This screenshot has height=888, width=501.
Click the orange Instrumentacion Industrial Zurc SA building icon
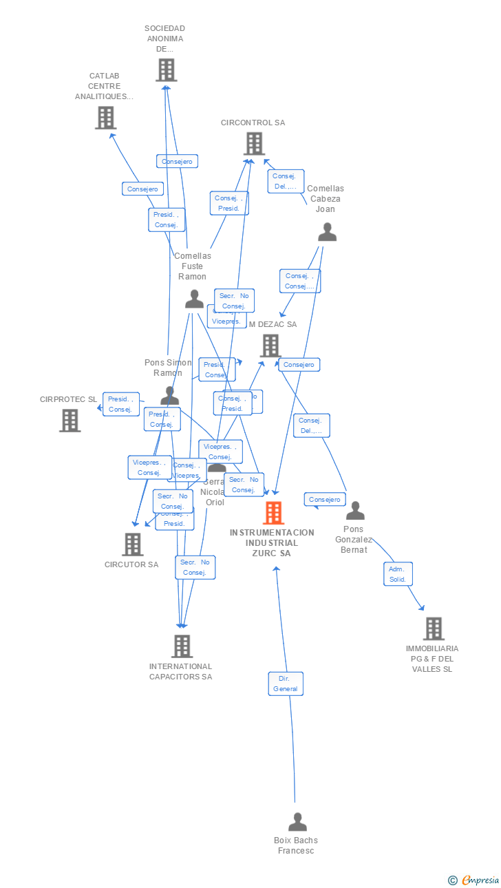(x=273, y=513)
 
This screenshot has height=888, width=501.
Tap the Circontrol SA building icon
(x=254, y=144)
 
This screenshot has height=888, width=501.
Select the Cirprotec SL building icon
(x=70, y=420)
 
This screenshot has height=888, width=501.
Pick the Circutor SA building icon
(x=132, y=545)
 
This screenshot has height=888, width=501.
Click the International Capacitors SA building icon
(x=182, y=646)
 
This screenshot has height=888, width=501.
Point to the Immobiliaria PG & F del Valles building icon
(x=433, y=628)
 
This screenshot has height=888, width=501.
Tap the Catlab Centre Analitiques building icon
(x=105, y=118)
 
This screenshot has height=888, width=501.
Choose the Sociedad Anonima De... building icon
(x=166, y=70)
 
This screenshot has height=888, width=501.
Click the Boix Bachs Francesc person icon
(x=297, y=822)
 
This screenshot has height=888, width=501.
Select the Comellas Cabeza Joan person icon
(x=327, y=233)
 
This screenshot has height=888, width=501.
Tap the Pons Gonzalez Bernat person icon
(x=355, y=511)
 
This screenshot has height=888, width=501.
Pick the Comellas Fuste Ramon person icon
(x=194, y=299)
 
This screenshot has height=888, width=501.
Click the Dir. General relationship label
(x=286, y=684)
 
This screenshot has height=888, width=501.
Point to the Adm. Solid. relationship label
(x=398, y=574)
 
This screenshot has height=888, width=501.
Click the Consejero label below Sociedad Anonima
(x=177, y=161)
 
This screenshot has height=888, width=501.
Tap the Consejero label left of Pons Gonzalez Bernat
(x=324, y=500)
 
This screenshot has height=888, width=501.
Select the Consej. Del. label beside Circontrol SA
(x=285, y=181)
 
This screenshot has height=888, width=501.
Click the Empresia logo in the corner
(x=474, y=880)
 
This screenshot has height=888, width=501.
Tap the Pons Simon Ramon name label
(x=168, y=368)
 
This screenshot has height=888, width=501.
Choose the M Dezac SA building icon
(x=270, y=346)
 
